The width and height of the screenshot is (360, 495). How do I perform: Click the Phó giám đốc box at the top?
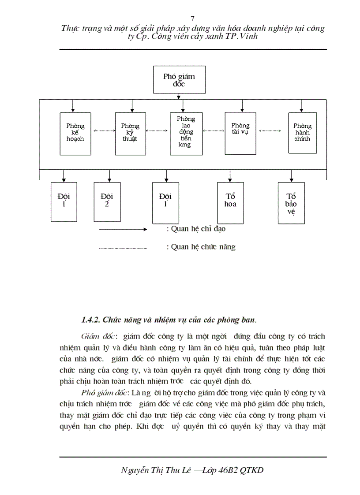(x=179, y=80)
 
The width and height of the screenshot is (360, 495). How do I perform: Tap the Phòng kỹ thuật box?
(x=130, y=133)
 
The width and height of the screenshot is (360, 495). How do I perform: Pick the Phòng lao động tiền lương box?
(x=186, y=134)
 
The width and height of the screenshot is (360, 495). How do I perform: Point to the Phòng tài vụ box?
(x=240, y=132)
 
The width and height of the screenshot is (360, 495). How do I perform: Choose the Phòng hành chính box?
(x=302, y=133)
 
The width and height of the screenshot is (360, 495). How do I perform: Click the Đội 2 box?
(x=107, y=201)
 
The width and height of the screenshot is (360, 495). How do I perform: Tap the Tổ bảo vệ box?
(x=291, y=203)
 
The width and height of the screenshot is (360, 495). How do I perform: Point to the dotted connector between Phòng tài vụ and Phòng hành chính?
(x=270, y=130)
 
